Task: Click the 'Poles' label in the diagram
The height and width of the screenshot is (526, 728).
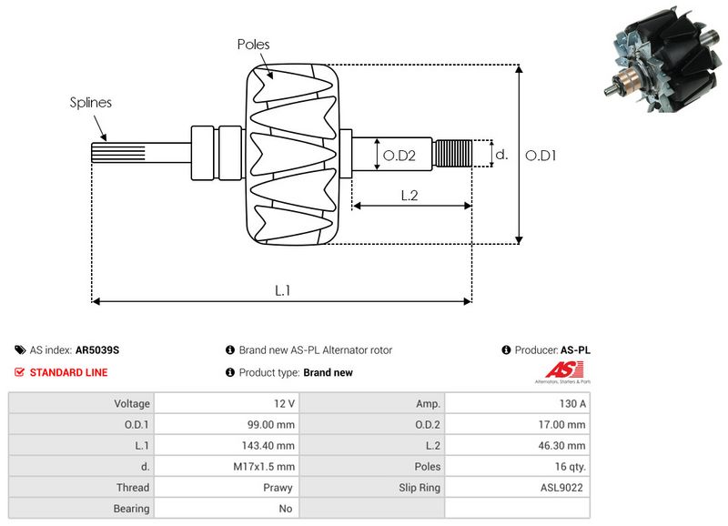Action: point(253,44)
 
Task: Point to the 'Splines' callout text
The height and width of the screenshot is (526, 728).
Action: point(91,103)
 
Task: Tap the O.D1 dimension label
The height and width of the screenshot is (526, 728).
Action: point(541,156)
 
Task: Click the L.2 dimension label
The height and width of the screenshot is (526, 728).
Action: point(409,195)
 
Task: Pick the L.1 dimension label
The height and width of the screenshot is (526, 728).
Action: point(283,290)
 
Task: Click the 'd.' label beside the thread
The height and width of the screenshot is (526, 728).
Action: point(500,155)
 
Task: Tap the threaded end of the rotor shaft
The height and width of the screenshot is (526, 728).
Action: point(452,154)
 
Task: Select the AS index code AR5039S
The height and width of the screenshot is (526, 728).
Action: point(97,350)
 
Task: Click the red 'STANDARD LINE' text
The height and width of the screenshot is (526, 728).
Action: point(68,372)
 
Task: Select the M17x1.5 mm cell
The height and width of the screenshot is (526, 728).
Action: point(269,467)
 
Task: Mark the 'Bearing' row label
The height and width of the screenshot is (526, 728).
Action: point(131,509)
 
